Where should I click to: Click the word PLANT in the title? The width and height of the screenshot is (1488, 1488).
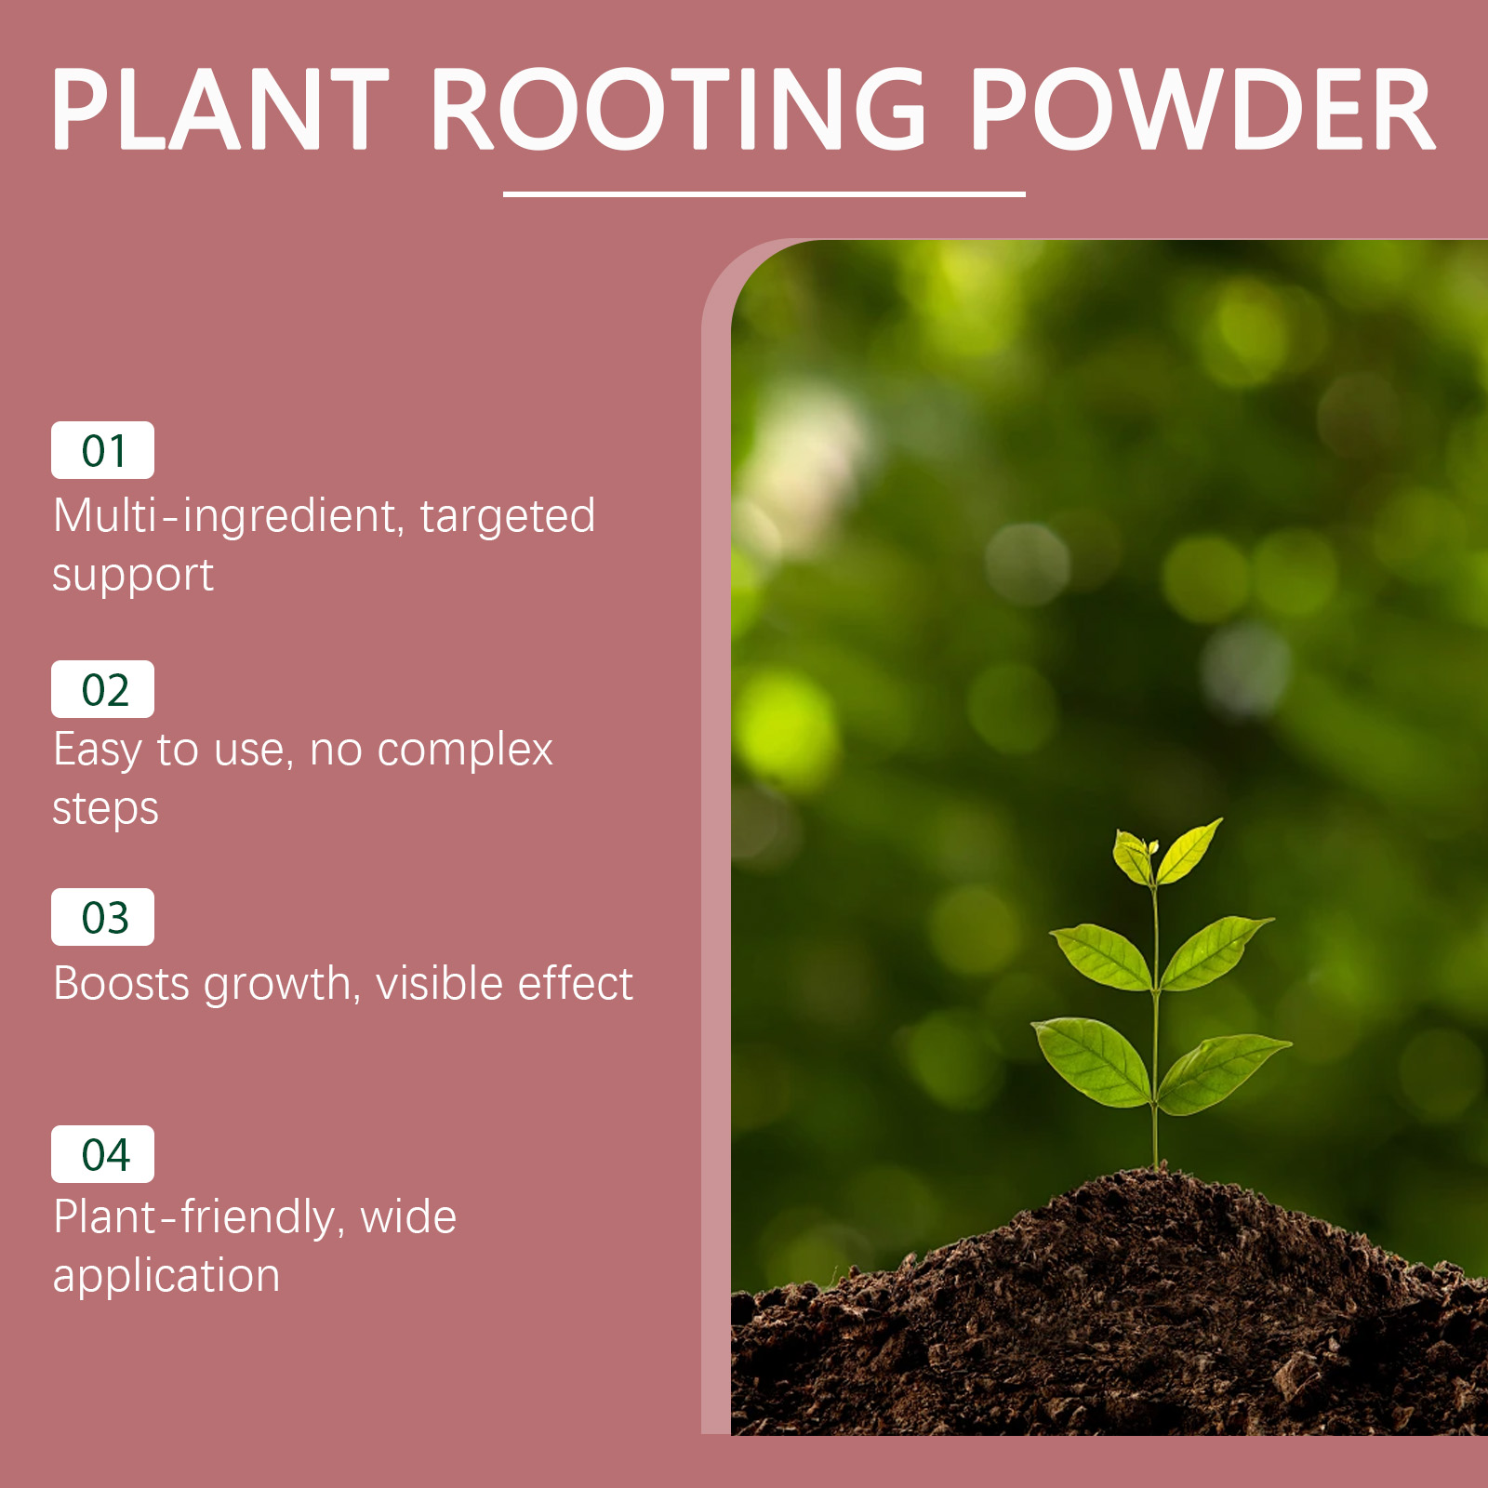point(220,109)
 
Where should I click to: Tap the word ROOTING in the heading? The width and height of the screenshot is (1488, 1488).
point(679,109)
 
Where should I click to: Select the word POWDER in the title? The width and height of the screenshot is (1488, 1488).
point(1202,109)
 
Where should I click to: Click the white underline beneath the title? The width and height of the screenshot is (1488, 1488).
point(764,193)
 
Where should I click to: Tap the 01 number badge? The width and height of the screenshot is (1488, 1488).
point(102,450)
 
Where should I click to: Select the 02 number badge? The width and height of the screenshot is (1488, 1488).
point(102,689)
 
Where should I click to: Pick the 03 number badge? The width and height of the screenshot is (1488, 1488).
point(102,917)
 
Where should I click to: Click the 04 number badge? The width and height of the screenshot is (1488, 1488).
point(102,1154)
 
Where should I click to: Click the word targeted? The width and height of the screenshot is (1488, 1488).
point(508,517)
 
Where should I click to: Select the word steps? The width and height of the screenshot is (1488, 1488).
point(105,809)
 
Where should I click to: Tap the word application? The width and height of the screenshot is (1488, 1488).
point(166,1276)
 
